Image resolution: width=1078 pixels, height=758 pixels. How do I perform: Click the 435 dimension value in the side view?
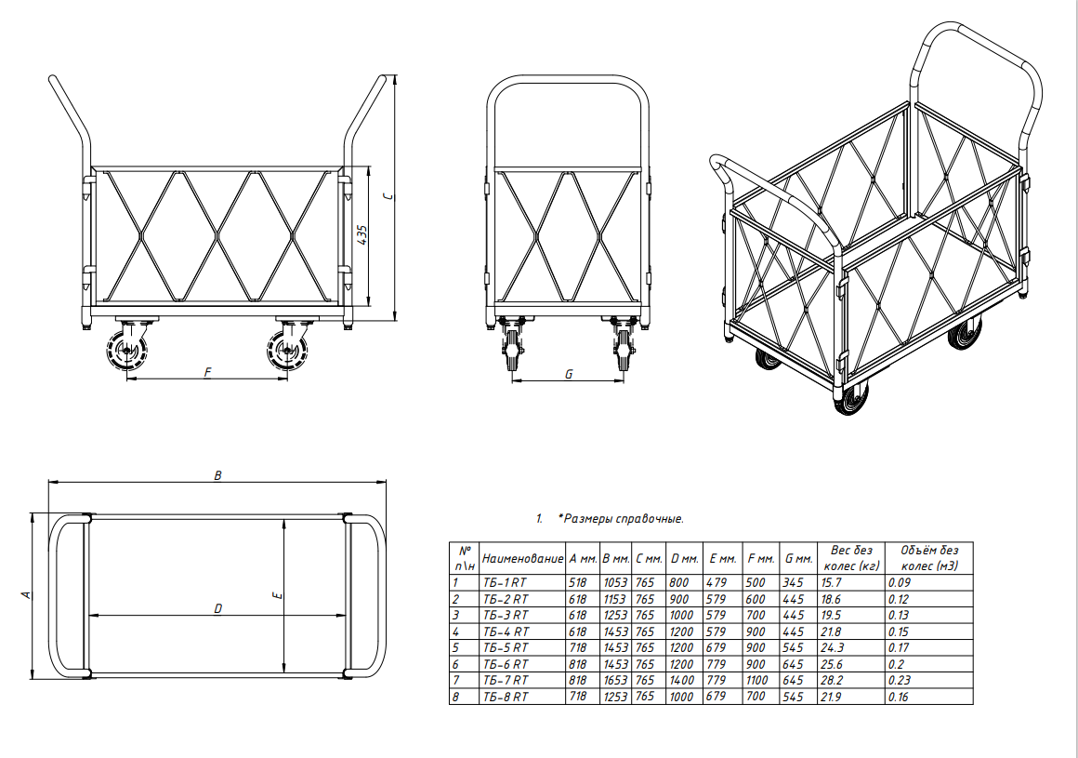(x=363, y=233)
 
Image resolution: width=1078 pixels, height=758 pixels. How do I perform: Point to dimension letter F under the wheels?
(x=207, y=373)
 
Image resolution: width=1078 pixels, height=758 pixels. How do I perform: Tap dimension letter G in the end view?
(x=569, y=374)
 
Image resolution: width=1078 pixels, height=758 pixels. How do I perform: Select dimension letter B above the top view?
(x=218, y=475)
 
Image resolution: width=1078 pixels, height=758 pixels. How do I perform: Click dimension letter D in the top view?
(x=218, y=609)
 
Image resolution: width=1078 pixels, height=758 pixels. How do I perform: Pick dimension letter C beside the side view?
(x=389, y=196)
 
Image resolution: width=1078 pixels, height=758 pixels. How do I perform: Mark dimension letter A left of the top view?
(x=27, y=594)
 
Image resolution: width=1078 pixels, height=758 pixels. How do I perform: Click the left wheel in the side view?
(x=127, y=352)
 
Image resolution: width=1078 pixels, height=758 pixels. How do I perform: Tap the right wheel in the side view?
(x=286, y=352)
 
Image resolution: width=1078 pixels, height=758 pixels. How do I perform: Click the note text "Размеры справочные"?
(x=624, y=519)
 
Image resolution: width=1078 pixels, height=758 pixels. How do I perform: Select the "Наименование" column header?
(x=522, y=559)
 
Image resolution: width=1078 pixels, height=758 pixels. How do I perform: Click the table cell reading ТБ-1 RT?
(x=506, y=582)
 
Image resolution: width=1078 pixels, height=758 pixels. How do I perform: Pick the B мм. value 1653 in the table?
(x=615, y=680)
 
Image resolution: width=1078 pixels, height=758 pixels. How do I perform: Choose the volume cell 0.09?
(x=898, y=582)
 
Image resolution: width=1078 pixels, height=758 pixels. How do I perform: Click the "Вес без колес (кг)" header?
(x=851, y=558)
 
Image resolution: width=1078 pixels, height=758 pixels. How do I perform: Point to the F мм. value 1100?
(x=757, y=680)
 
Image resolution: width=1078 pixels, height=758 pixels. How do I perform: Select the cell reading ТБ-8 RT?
(x=506, y=697)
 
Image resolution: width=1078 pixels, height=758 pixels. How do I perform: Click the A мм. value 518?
(x=577, y=582)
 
